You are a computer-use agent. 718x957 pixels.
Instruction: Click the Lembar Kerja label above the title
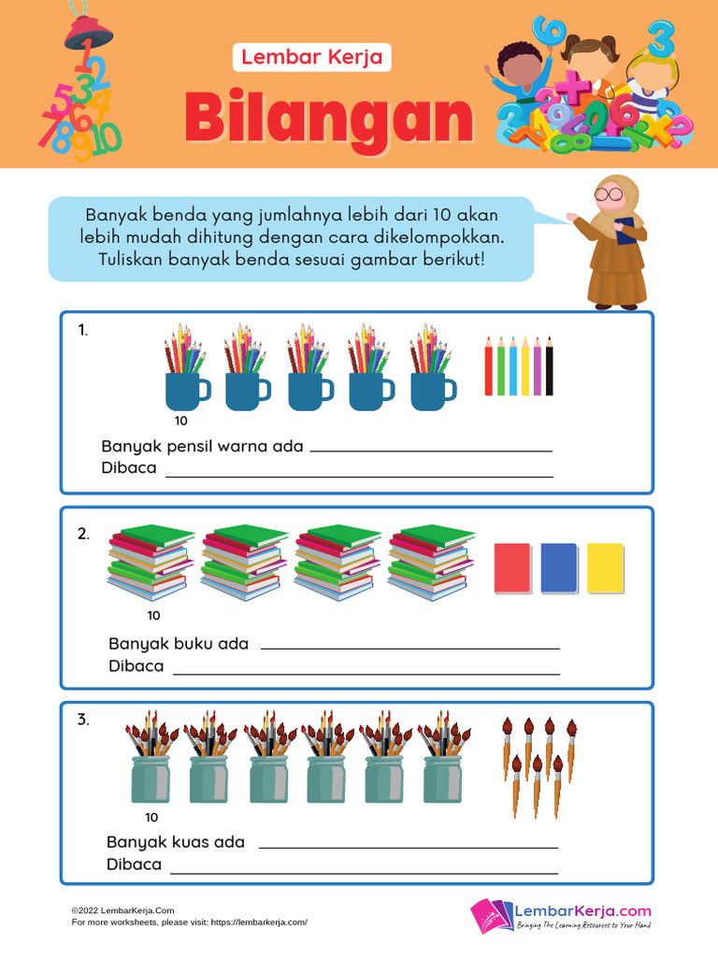pos(311,57)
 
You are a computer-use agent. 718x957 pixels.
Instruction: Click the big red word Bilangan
pos(328,119)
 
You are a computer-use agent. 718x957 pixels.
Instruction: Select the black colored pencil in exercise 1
pos(549,366)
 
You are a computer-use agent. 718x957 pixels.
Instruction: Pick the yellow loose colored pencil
pos(524,366)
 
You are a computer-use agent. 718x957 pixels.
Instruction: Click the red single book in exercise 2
pos(512,568)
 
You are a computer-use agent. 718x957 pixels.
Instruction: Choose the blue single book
pos(558,568)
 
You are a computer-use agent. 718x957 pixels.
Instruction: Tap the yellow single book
pos(605,568)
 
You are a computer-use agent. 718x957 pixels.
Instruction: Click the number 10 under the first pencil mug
pos(181,421)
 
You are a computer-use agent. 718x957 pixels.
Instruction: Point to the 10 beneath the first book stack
pos(154,615)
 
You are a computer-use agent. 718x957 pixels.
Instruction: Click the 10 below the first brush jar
pos(152,816)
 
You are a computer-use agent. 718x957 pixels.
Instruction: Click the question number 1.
pos(83,330)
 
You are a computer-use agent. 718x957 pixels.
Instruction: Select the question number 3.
pos(83,720)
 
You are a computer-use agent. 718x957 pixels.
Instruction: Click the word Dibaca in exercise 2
pos(136,666)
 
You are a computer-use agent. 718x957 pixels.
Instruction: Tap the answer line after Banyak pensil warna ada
pos(430,450)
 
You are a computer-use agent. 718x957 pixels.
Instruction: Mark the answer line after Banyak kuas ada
pos(408,847)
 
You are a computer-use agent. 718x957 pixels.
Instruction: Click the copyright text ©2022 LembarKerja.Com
pos(122,910)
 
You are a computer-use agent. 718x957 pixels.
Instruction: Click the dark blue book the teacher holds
pos(625,230)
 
